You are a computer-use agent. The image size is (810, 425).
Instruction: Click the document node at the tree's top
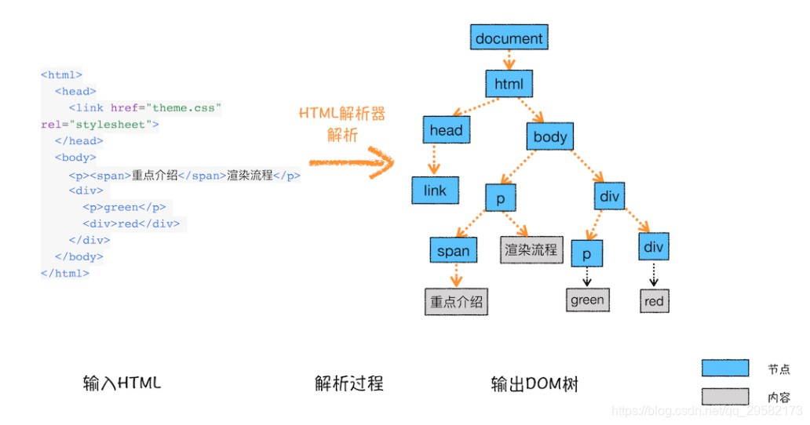click(x=509, y=37)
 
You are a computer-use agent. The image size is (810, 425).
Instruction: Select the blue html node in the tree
click(x=509, y=83)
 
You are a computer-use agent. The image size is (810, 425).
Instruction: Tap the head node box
click(x=446, y=131)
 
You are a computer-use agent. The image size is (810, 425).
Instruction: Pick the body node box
click(x=549, y=137)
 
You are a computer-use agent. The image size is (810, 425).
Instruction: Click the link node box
click(x=434, y=191)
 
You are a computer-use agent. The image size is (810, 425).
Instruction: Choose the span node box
click(x=453, y=251)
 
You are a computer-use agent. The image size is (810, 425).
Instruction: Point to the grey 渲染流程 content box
click(x=531, y=249)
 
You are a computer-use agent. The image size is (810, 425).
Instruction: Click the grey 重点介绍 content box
click(x=456, y=301)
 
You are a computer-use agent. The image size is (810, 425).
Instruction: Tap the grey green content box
click(x=587, y=300)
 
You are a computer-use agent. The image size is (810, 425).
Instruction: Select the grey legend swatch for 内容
click(x=724, y=397)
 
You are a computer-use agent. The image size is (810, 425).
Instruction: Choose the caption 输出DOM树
click(x=535, y=383)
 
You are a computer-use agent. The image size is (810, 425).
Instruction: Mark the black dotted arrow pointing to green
click(x=586, y=276)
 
